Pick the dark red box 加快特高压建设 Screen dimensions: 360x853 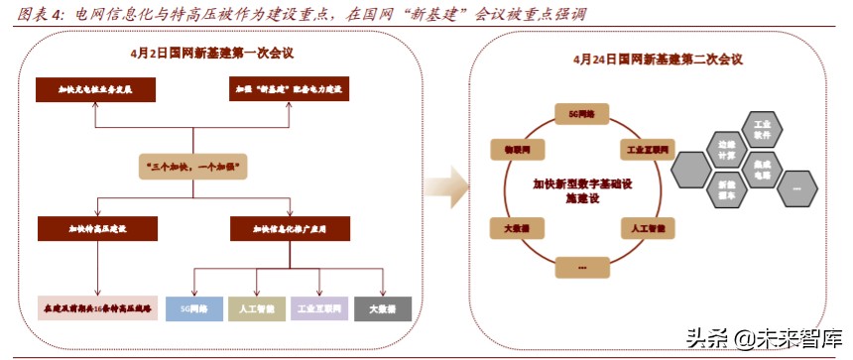tap(97, 229)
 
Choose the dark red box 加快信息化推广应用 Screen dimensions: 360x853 tap(291, 229)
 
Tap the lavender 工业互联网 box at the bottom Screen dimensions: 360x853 tap(319, 309)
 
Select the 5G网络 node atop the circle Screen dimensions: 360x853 tap(582, 114)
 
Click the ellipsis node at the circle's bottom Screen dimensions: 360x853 tap(582, 266)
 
